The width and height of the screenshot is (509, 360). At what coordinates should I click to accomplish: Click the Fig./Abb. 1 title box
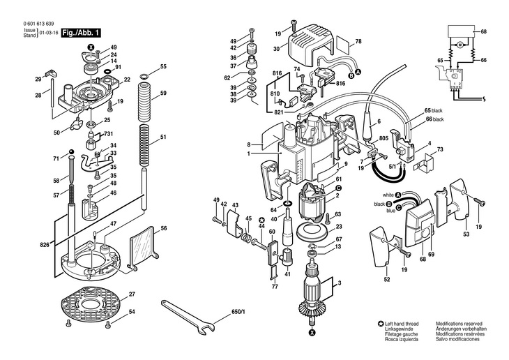click(x=81, y=33)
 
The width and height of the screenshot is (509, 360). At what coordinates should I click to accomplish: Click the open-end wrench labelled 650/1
click(x=188, y=317)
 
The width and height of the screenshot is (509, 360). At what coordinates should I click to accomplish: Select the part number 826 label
click(x=45, y=245)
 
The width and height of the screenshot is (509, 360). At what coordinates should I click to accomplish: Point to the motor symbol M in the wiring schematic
click(x=459, y=45)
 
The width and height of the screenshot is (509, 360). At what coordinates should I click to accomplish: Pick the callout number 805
click(x=383, y=138)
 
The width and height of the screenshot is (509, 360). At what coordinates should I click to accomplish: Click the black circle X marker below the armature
click(x=312, y=332)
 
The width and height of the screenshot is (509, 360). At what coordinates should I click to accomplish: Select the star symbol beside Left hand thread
click(x=381, y=324)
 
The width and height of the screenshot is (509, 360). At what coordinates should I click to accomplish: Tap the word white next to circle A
click(x=388, y=195)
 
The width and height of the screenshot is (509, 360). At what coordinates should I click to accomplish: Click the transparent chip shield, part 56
click(x=143, y=248)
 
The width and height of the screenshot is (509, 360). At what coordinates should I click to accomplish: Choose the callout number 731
click(x=108, y=134)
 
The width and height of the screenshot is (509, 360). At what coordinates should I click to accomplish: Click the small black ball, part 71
click(x=71, y=151)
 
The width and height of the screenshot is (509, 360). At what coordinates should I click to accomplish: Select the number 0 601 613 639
click(x=38, y=24)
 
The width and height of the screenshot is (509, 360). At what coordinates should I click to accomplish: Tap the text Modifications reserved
click(x=459, y=324)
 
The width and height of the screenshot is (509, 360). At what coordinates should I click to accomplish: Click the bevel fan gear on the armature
click(x=312, y=308)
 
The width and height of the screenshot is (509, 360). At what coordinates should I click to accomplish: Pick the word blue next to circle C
click(x=391, y=211)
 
